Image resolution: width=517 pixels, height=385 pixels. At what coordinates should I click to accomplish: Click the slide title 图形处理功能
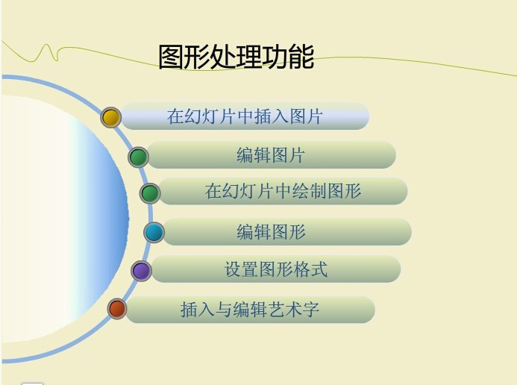coord(236,57)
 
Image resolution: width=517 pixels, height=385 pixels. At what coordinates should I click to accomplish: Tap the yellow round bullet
coord(111,117)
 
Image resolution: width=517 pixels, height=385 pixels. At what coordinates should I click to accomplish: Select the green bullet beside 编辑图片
coord(138,157)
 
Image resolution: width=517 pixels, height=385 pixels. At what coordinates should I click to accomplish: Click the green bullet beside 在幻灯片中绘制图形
coord(150,193)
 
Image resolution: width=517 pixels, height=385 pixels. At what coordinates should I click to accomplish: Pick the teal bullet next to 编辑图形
coord(154,233)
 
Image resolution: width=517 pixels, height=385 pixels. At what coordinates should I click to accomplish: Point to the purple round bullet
coord(141,270)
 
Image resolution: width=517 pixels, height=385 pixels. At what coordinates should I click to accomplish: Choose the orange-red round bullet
coord(117,308)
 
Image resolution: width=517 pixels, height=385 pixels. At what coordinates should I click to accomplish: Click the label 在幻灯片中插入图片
coord(245,117)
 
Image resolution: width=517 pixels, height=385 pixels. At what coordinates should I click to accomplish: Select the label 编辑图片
coord(271,156)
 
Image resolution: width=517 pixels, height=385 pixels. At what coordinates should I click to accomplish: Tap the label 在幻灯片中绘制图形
coord(283,191)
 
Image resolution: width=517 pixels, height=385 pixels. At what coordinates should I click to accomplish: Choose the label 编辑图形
coord(272,232)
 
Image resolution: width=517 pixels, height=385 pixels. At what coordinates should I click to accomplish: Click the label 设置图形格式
coord(276,269)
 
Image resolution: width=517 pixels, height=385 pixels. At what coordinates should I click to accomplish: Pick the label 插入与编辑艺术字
coord(250,310)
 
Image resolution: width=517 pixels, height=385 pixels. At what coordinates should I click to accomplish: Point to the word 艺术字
coord(296,310)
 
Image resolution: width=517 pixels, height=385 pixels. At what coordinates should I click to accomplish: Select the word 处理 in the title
coord(236,57)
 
